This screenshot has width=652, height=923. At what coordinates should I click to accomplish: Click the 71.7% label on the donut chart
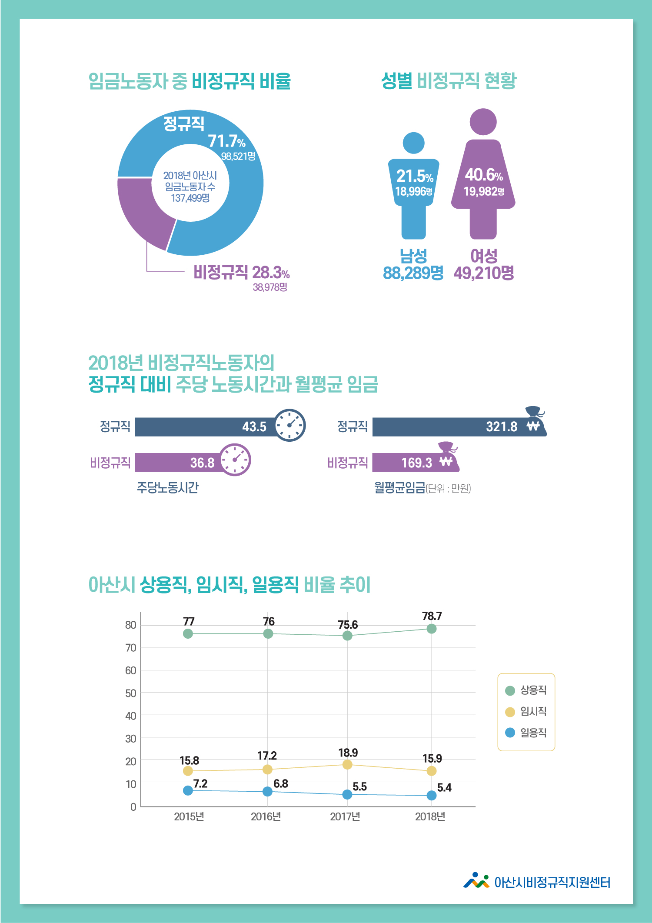coord(226,141)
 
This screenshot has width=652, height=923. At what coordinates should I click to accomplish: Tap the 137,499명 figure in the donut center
coord(190,198)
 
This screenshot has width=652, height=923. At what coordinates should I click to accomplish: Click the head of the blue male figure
coord(413,143)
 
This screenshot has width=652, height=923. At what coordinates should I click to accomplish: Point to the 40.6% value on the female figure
coord(483,175)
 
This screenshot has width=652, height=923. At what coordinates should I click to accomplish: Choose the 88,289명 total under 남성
coord(413,273)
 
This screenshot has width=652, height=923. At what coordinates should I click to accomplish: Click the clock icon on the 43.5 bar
coord(290,425)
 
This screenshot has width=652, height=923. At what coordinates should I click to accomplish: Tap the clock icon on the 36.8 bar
coord(235,460)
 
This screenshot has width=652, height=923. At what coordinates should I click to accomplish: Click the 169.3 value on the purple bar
coord(416,463)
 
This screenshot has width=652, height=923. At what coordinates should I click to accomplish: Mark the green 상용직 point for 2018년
coord(431,629)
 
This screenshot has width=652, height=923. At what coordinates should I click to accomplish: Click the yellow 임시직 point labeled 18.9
coord(347,764)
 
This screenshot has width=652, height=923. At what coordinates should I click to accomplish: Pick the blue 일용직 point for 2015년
coord(188,790)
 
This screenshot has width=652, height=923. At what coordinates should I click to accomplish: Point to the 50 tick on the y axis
coord(130,693)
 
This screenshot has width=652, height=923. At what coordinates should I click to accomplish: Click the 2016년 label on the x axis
coord(266,816)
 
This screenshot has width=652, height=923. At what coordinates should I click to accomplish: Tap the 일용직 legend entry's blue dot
coord(510,733)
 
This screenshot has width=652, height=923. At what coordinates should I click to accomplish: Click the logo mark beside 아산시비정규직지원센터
coord(476,881)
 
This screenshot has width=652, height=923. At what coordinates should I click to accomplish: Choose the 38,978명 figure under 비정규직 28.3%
coord(270,287)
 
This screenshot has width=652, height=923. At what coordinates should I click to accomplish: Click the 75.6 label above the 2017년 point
coord(348,625)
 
